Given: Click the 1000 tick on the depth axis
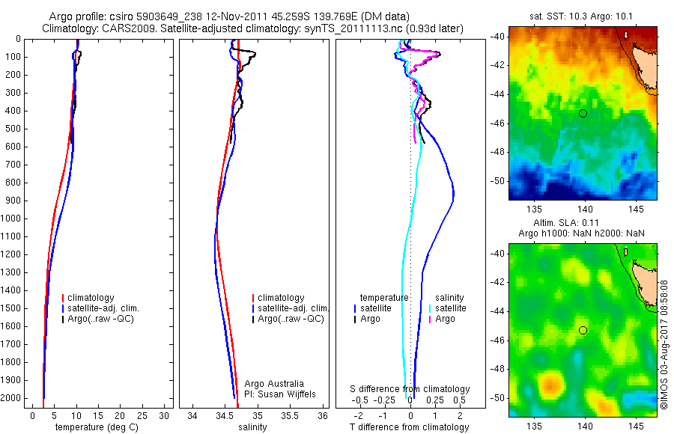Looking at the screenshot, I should pos(12,218).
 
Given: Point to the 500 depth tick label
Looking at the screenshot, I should pos(12,129).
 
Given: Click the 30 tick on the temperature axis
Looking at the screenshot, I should pos(166,415).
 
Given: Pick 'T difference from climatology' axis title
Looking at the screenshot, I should pos(409,427).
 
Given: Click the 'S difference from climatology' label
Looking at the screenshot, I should pos(410,389).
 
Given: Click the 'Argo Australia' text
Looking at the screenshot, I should pos(264,383).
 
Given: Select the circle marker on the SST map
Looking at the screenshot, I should pos(583,113).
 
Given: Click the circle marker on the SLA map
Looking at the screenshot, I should pos(583,330).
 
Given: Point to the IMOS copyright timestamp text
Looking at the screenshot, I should pos(664,344).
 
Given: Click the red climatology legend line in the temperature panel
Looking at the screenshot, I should pos(64,298).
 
